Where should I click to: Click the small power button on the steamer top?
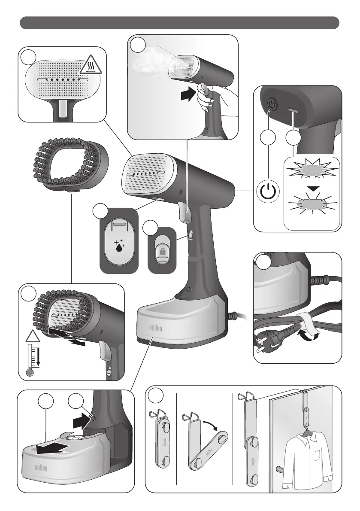[x=271, y=103]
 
